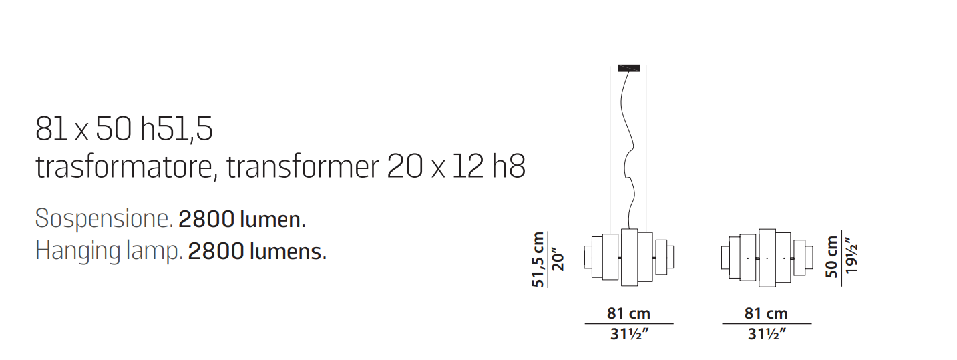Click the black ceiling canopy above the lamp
pos(628,68)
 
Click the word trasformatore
pos(124,166)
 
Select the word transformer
pos(303,166)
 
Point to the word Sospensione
pos(104,219)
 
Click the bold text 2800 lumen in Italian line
pos(242,219)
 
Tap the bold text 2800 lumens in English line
pos(257,251)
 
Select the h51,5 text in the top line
pos(176,129)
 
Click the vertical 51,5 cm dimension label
pos(538,260)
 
